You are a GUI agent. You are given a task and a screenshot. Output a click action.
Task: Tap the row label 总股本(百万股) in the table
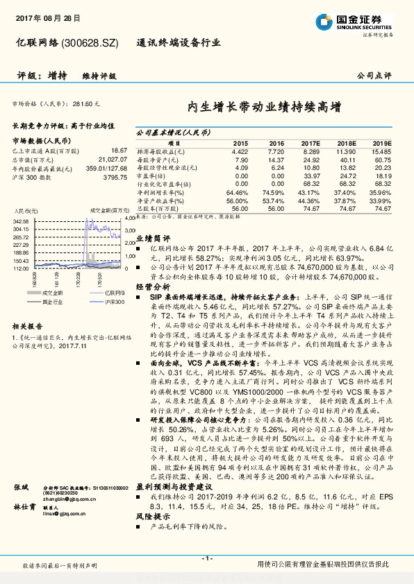[x=156, y=207]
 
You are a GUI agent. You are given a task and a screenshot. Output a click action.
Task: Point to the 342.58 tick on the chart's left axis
[x=20, y=220]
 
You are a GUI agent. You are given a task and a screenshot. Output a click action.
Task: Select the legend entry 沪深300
[x=96, y=302]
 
